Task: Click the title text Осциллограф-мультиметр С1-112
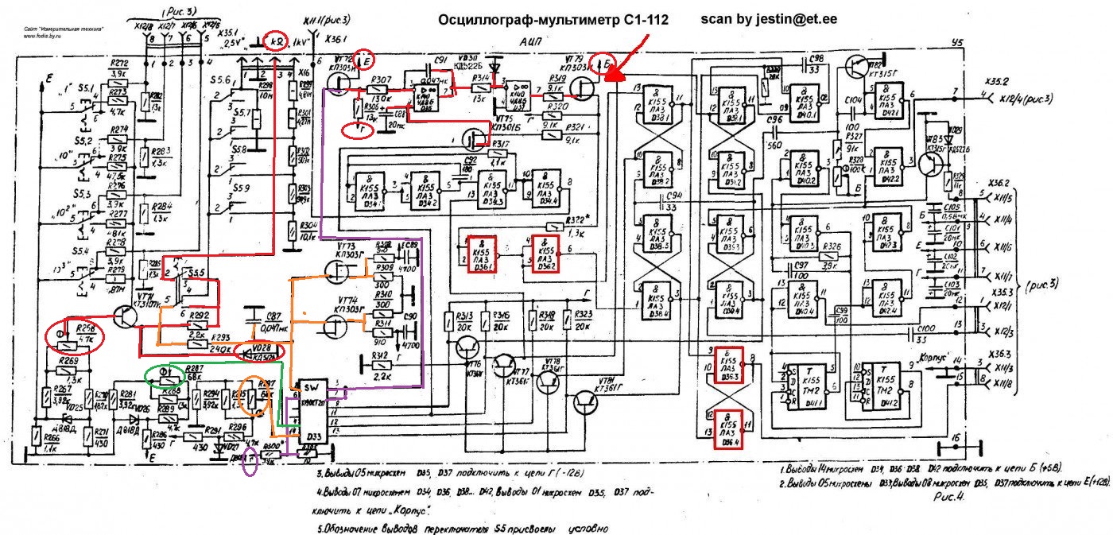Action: (553, 18)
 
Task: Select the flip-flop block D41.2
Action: (882, 385)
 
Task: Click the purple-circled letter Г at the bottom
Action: (250, 460)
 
